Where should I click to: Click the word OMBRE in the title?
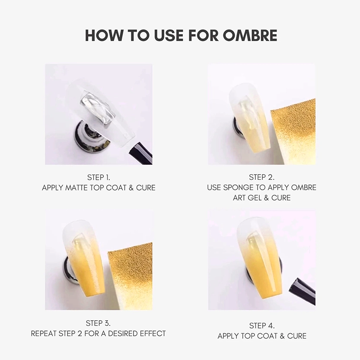249,35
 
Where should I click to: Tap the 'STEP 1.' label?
99,177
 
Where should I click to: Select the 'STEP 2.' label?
261,177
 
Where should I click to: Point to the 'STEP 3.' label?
99,323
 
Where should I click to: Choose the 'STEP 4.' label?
261,325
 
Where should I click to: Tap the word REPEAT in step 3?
45,334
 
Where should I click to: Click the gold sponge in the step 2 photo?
294,130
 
